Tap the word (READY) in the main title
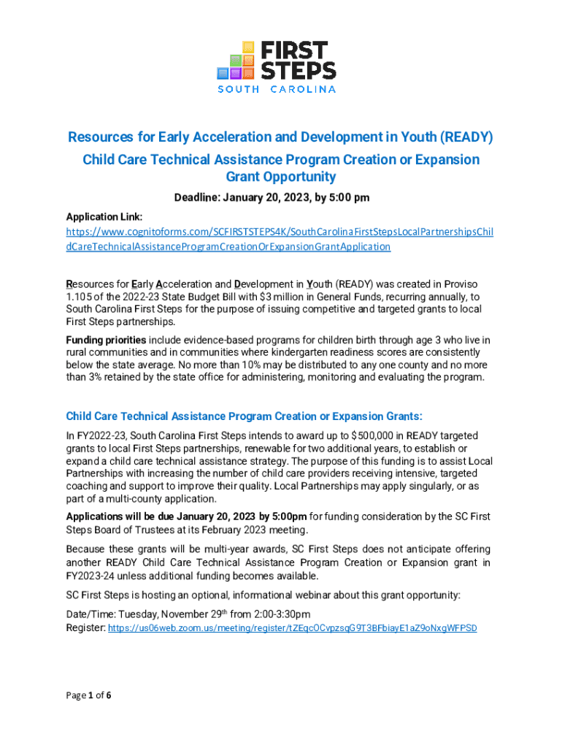click(x=464, y=137)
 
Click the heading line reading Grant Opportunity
click(x=281, y=177)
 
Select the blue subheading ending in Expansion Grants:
click(x=244, y=416)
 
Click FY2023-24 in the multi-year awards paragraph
click(x=93, y=576)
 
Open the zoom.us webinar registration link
click(x=292, y=627)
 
